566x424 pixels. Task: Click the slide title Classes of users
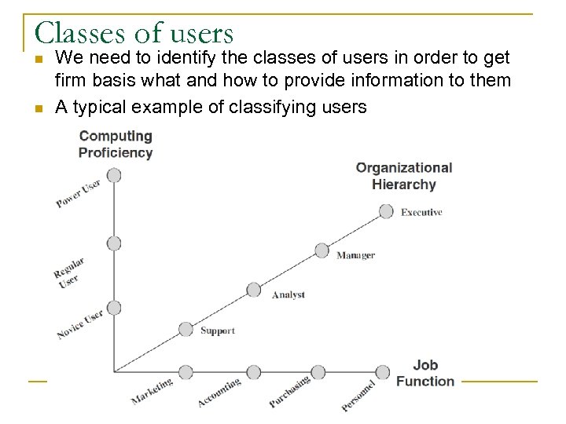(x=134, y=32)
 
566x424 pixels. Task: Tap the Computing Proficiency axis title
(x=116, y=144)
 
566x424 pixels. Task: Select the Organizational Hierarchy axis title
(x=404, y=176)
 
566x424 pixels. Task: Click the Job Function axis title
(x=425, y=373)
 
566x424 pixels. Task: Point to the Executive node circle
(x=386, y=211)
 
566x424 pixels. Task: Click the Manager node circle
(x=322, y=250)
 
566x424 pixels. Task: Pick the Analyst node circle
(x=254, y=290)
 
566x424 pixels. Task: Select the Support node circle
(x=186, y=330)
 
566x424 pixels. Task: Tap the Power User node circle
(x=114, y=175)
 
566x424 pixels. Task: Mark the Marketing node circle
(x=186, y=371)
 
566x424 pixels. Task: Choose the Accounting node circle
(x=254, y=371)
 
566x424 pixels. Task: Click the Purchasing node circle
(x=318, y=371)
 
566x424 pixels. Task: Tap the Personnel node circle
(x=383, y=371)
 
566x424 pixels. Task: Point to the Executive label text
(x=421, y=213)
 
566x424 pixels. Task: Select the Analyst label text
(x=288, y=295)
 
